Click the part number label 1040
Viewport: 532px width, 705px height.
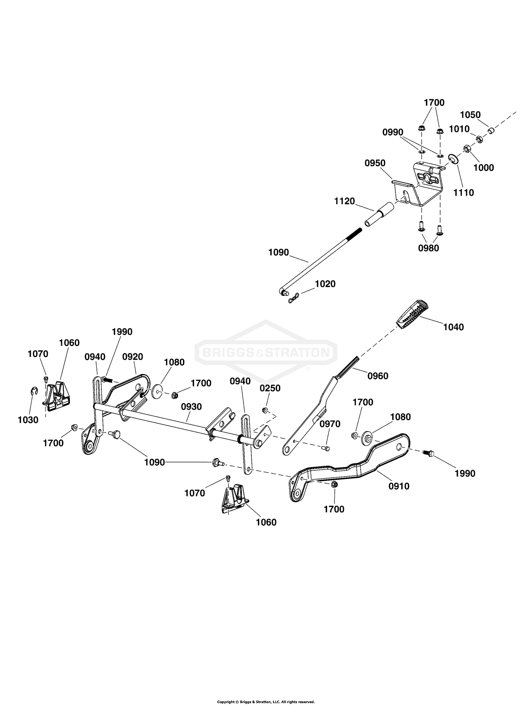click(x=453, y=327)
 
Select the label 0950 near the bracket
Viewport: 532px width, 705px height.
click(x=375, y=163)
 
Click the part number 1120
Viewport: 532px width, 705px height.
click(x=344, y=201)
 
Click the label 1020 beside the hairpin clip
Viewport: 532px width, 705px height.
click(x=325, y=284)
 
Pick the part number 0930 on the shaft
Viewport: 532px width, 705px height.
click(x=191, y=407)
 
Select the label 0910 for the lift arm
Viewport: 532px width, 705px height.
click(x=399, y=486)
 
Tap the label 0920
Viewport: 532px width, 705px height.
click(x=133, y=357)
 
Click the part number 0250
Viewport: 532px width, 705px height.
click(x=270, y=388)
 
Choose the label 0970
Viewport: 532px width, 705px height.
click(x=330, y=424)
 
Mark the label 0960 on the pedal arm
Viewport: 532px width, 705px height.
click(x=378, y=376)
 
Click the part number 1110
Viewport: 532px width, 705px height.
click(x=464, y=193)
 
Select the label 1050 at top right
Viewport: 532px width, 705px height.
click(x=470, y=115)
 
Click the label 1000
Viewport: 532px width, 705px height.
click(x=484, y=168)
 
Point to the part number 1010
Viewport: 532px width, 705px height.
click(x=459, y=129)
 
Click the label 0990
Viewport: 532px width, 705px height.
click(x=393, y=132)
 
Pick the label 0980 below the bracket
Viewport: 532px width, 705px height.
click(x=428, y=248)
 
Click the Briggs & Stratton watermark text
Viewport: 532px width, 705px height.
click(x=266, y=352)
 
